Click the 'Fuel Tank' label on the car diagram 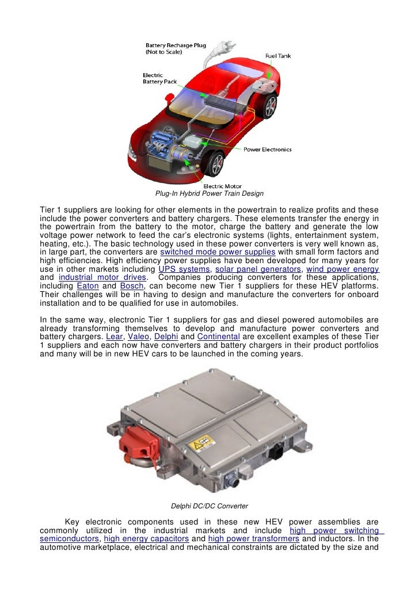[277, 56]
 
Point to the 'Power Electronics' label [267, 150]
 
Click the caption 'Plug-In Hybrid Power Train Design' [209, 193]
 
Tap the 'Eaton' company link [87, 287]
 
